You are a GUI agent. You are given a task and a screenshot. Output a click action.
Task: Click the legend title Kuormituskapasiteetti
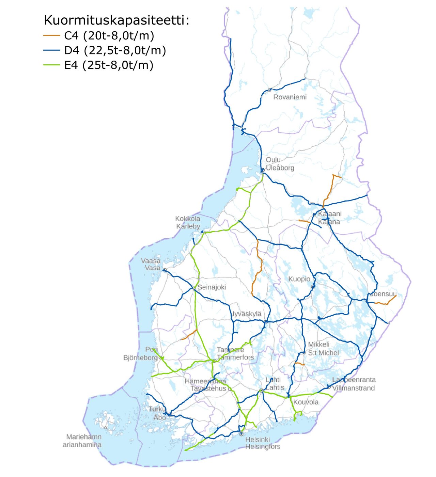[116, 20]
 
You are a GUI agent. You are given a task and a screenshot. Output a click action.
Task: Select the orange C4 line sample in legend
[51, 35]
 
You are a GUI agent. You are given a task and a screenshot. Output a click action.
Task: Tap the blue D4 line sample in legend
[51, 50]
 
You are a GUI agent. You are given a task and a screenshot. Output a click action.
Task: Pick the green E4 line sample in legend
[51, 65]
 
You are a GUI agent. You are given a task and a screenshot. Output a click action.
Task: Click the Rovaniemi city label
[290, 97]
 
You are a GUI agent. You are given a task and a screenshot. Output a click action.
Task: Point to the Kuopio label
[299, 279]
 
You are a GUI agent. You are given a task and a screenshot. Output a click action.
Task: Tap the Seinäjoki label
[212, 287]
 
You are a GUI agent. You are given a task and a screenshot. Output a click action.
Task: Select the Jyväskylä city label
[247, 314]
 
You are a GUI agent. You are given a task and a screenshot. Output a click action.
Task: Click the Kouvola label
[306, 402]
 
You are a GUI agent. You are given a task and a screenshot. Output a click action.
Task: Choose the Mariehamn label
[84, 437]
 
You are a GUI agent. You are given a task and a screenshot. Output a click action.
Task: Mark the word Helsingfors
[263, 447]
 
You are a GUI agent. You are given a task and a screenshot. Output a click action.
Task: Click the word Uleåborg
[280, 168]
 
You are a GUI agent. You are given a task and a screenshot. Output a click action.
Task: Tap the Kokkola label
[188, 219]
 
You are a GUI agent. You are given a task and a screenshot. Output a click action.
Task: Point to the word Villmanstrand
[354, 388]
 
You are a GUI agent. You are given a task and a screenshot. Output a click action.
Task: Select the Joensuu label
[384, 293]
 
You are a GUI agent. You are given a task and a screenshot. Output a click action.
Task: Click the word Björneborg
[140, 357]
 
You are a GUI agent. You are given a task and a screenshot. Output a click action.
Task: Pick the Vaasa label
[151, 261]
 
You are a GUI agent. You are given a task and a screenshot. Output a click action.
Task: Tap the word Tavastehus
[208, 388]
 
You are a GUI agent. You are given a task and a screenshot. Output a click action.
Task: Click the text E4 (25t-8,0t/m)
[109, 65]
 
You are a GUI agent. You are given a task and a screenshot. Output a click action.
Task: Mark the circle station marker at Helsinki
[241, 434]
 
